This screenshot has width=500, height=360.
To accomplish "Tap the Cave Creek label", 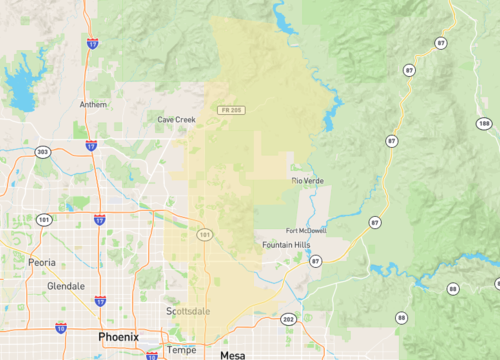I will (177, 119).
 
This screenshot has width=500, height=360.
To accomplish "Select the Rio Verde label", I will (307, 180).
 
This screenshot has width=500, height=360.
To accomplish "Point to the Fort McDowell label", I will (305, 229).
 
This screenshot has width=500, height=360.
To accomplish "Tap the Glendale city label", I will (67, 285).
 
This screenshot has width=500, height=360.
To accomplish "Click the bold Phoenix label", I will (118, 337).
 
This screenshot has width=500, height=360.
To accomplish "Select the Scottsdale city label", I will (187, 311).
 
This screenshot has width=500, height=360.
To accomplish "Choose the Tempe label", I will (181, 349).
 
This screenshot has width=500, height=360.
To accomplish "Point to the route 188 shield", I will (483, 123).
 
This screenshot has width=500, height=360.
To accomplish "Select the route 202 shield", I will (288, 319).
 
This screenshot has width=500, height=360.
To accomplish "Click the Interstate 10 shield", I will (61, 327).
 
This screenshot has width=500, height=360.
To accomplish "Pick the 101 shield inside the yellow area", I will (205, 234).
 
